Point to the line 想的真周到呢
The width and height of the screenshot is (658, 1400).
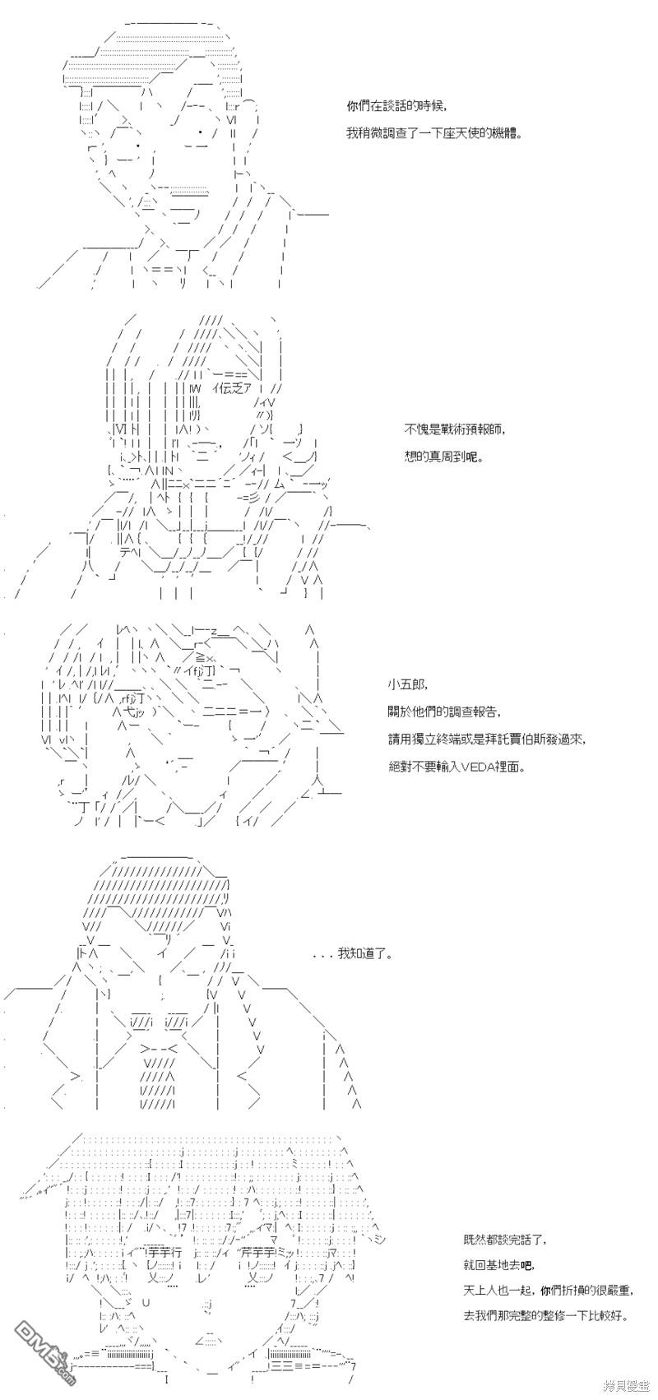click(x=443, y=457)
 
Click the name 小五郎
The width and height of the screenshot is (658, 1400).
click(x=407, y=684)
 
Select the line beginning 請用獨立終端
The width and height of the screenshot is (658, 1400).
click(x=488, y=739)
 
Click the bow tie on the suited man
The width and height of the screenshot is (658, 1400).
click(x=160, y=1048)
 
